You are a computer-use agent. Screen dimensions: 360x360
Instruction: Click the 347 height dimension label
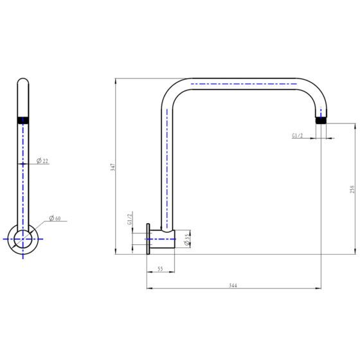113,166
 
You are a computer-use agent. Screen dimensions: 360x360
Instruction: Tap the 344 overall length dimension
233,285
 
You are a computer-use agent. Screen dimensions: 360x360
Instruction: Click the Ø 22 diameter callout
43,161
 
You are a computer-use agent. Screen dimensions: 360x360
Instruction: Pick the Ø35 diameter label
187,239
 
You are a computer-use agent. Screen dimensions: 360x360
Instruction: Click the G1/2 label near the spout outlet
298,136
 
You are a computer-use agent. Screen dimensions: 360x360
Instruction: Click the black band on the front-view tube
23,118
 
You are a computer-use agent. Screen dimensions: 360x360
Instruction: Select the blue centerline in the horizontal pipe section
244,84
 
